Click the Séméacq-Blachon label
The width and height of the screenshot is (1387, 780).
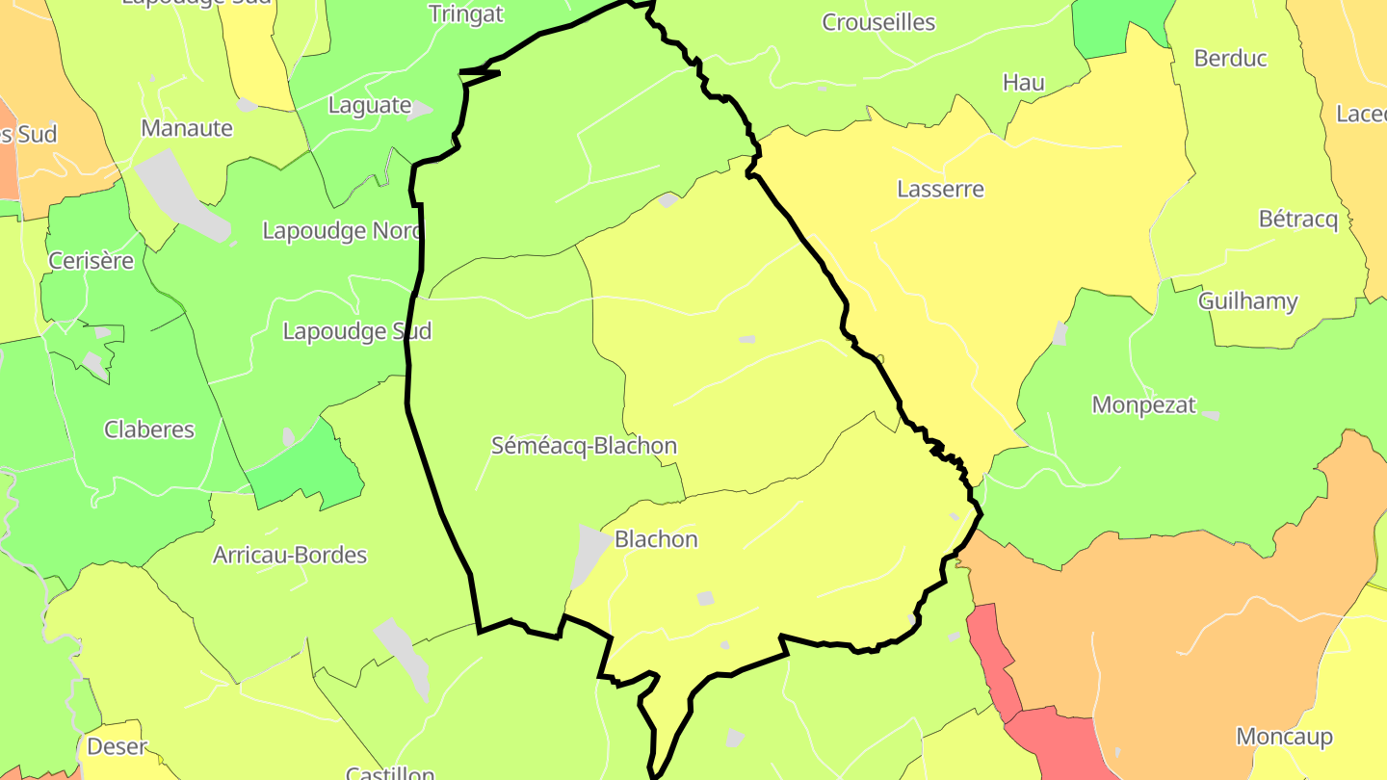click(x=584, y=446)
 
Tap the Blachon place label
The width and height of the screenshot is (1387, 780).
click(x=656, y=539)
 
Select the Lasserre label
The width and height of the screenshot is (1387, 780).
click(x=940, y=189)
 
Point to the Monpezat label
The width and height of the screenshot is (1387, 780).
click(x=1143, y=404)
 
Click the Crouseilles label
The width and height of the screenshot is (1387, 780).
click(x=878, y=22)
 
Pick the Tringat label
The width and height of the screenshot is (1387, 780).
click(x=465, y=13)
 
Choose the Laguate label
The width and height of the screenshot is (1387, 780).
click(x=370, y=105)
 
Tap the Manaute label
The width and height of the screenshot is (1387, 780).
click(x=187, y=128)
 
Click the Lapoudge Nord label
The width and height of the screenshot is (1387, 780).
click(x=342, y=231)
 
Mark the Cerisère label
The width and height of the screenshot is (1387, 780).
click(x=92, y=260)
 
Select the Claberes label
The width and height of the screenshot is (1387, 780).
click(x=149, y=429)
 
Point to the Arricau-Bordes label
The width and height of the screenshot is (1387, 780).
click(x=290, y=555)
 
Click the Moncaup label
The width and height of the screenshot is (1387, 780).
click(x=1284, y=737)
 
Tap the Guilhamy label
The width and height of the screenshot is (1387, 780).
click(x=1247, y=301)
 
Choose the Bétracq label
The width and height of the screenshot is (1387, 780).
click(x=1298, y=220)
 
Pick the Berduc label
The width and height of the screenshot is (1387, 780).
click(x=1230, y=58)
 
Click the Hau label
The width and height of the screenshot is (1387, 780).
click(x=1023, y=83)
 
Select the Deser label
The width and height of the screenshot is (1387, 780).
click(x=117, y=746)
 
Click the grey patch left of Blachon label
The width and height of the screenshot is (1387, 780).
click(x=589, y=554)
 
